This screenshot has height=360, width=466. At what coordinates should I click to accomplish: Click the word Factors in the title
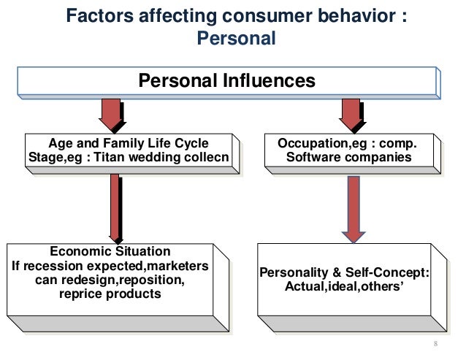pos(99,16)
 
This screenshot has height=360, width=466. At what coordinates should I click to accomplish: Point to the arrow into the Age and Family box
pos(110,115)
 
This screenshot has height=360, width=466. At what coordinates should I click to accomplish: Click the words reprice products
pos(110,294)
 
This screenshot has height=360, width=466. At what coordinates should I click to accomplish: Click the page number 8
pos(435,343)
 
